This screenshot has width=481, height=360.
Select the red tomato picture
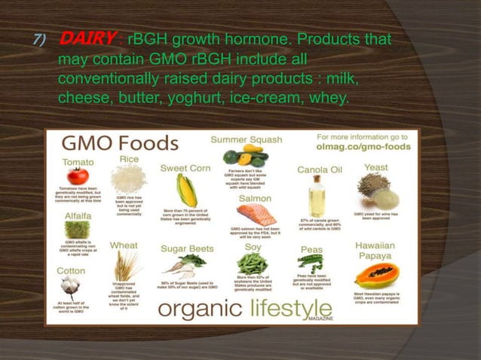77,176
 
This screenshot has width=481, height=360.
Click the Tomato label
78,162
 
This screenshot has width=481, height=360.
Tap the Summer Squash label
247,140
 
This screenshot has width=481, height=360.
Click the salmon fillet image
255,213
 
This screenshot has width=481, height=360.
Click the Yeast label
375,167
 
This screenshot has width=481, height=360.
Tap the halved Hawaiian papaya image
376,275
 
